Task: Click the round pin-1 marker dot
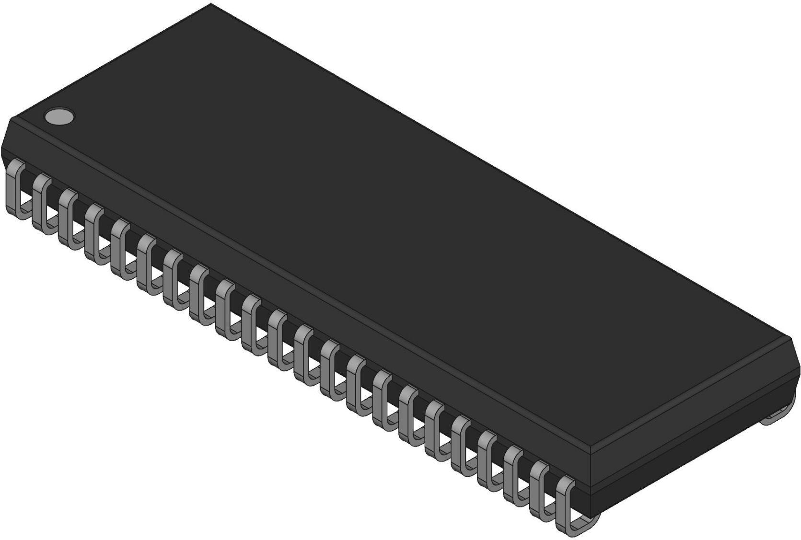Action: coord(59,116)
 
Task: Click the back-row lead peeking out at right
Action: coord(777,415)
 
